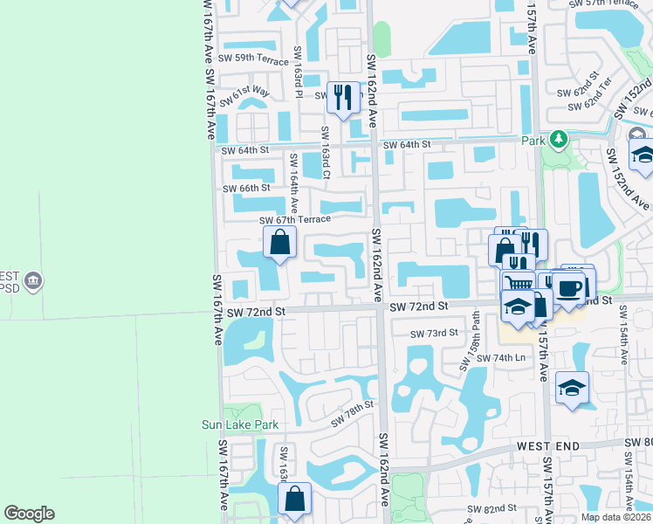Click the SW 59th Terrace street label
254,59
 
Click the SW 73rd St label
434,334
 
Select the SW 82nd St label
494,508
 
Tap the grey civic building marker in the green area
34,280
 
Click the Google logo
30,514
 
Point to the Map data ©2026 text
615,517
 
